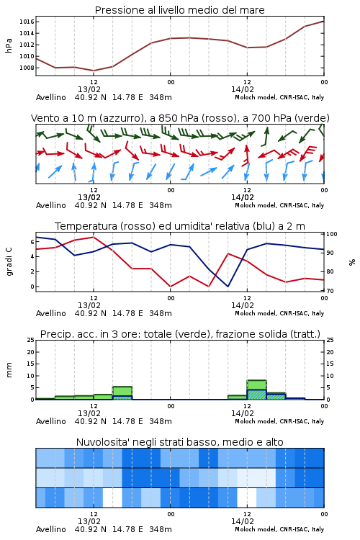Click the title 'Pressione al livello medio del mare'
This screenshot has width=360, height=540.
(179, 10)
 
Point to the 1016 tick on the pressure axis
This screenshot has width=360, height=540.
(27, 22)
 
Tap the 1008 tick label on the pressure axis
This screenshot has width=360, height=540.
(27, 68)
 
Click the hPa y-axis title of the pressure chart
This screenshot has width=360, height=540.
(9, 45)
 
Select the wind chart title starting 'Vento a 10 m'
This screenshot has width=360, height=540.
(180, 118)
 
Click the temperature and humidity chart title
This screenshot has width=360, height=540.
(180, 226)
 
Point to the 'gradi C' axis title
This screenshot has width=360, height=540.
(9, 261)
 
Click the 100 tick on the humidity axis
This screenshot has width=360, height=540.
(332, 234)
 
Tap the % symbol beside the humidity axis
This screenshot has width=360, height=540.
(352, 262)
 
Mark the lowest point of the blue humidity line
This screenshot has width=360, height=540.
(228, 286)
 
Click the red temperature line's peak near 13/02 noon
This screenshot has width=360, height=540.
(94, 237)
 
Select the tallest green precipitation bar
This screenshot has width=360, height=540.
(256, 390)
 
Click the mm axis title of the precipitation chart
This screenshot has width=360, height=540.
(9, 370)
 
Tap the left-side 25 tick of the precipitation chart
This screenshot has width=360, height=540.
(31, 340)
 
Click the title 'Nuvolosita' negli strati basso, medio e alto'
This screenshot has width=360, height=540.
(179, 442)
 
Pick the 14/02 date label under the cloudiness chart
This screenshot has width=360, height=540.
(243, 521)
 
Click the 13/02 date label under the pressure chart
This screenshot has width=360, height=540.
(89, 89)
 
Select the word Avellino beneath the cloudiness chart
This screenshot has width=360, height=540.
(51, 529)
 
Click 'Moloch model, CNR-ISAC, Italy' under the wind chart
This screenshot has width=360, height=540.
(279, 205)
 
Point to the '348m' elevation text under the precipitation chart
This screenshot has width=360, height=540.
(161, 421)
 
